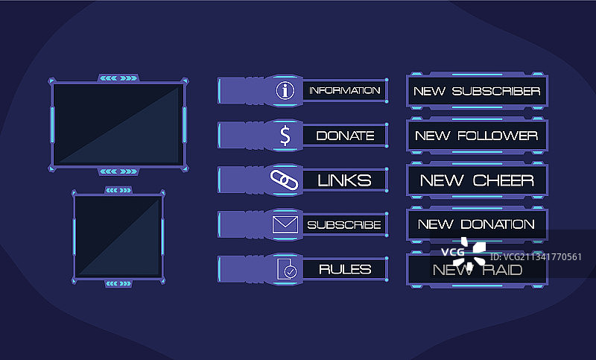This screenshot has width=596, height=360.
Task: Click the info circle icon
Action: pyautogui.click(x=285, y=91)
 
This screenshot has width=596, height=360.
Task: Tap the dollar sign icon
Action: pyautogui.click(x=285, y=136)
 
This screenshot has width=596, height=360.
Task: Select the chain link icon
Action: pyautogui.click(x=284, y=180)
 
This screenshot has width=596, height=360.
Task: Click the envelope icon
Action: pyautogui.click(x=285, y=224)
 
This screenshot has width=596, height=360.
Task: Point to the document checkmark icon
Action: pyautogui.click(x=285, y=269)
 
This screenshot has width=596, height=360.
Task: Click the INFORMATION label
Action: pyautogui.click(x=344, y=91)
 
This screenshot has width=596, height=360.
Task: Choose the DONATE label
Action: pyautogui.click(x=345, y=136)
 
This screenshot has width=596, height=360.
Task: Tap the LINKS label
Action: pyautogui.click(x=344, y=180)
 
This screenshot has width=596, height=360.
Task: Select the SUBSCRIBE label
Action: pyautogui.click(x=344, y=224)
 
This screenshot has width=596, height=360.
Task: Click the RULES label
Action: pyautogui.click(x=344, y=269)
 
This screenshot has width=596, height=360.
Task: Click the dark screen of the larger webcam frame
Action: pyautogui.click(x=118, y=122)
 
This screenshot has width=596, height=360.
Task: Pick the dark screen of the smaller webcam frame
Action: pyautogui.click(x=118, y=236)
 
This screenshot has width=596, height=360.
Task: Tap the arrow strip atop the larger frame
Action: pyautogui.click(x=118, y=77)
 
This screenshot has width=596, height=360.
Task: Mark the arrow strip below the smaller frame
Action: pyautogui.click(x=118, y=283)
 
